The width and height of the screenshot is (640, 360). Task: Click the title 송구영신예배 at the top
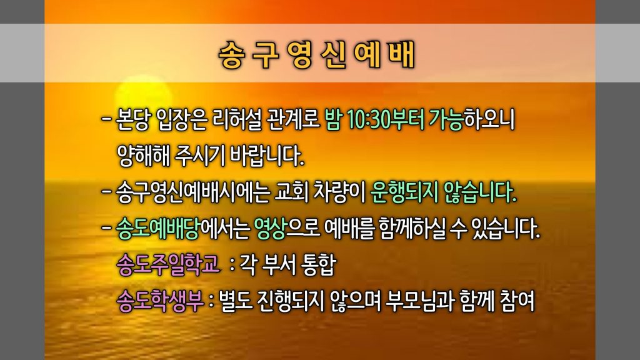317,54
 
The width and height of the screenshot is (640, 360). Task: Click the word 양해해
143,156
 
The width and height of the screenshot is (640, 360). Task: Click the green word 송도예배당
157,228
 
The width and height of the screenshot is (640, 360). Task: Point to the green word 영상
270,228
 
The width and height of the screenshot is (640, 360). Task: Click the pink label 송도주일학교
168,264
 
